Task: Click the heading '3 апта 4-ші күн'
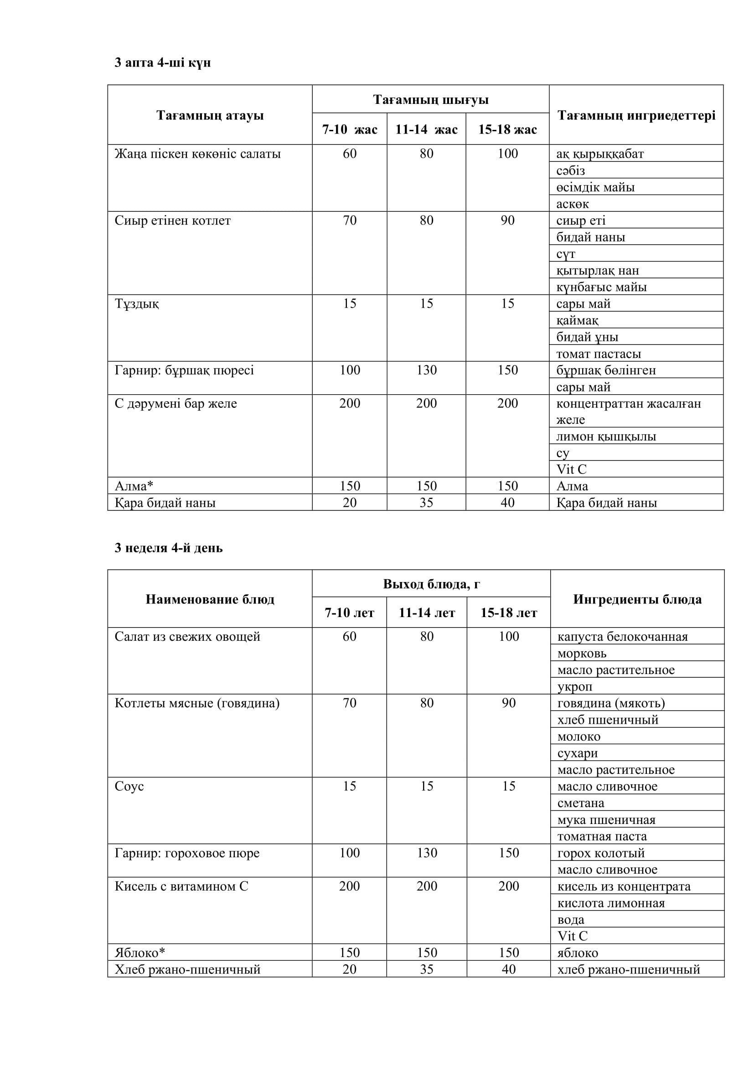click(x=162, y=63)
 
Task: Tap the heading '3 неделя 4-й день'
click(x=169, y=548)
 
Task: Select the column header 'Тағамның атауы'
click(x=210, y=115)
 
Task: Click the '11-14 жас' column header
click(x=426, y=129)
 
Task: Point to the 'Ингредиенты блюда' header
click(x=637, y=599)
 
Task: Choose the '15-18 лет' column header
click(x=508, y=613)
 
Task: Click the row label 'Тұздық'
click(x=136, y=304)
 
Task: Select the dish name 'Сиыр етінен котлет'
click(x=173, y=221)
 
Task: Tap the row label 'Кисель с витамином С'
click(x=181, y=886)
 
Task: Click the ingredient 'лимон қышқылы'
click(x=606, y=437)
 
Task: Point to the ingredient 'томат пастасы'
click(x=599, y=354)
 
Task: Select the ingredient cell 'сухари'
click(x=578, y=753)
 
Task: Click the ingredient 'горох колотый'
click(x=601, y=853)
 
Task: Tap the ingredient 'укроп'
click(x=575, y=686)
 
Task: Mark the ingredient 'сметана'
click(x=580, y=803)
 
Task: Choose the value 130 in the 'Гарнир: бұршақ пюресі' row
click(x=426, y=370)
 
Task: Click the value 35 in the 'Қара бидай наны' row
click(x=426, y=502)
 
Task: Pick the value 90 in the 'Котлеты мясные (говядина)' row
click(x=508, y=703)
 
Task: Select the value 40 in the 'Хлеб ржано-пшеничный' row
click(x=508, y=969)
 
